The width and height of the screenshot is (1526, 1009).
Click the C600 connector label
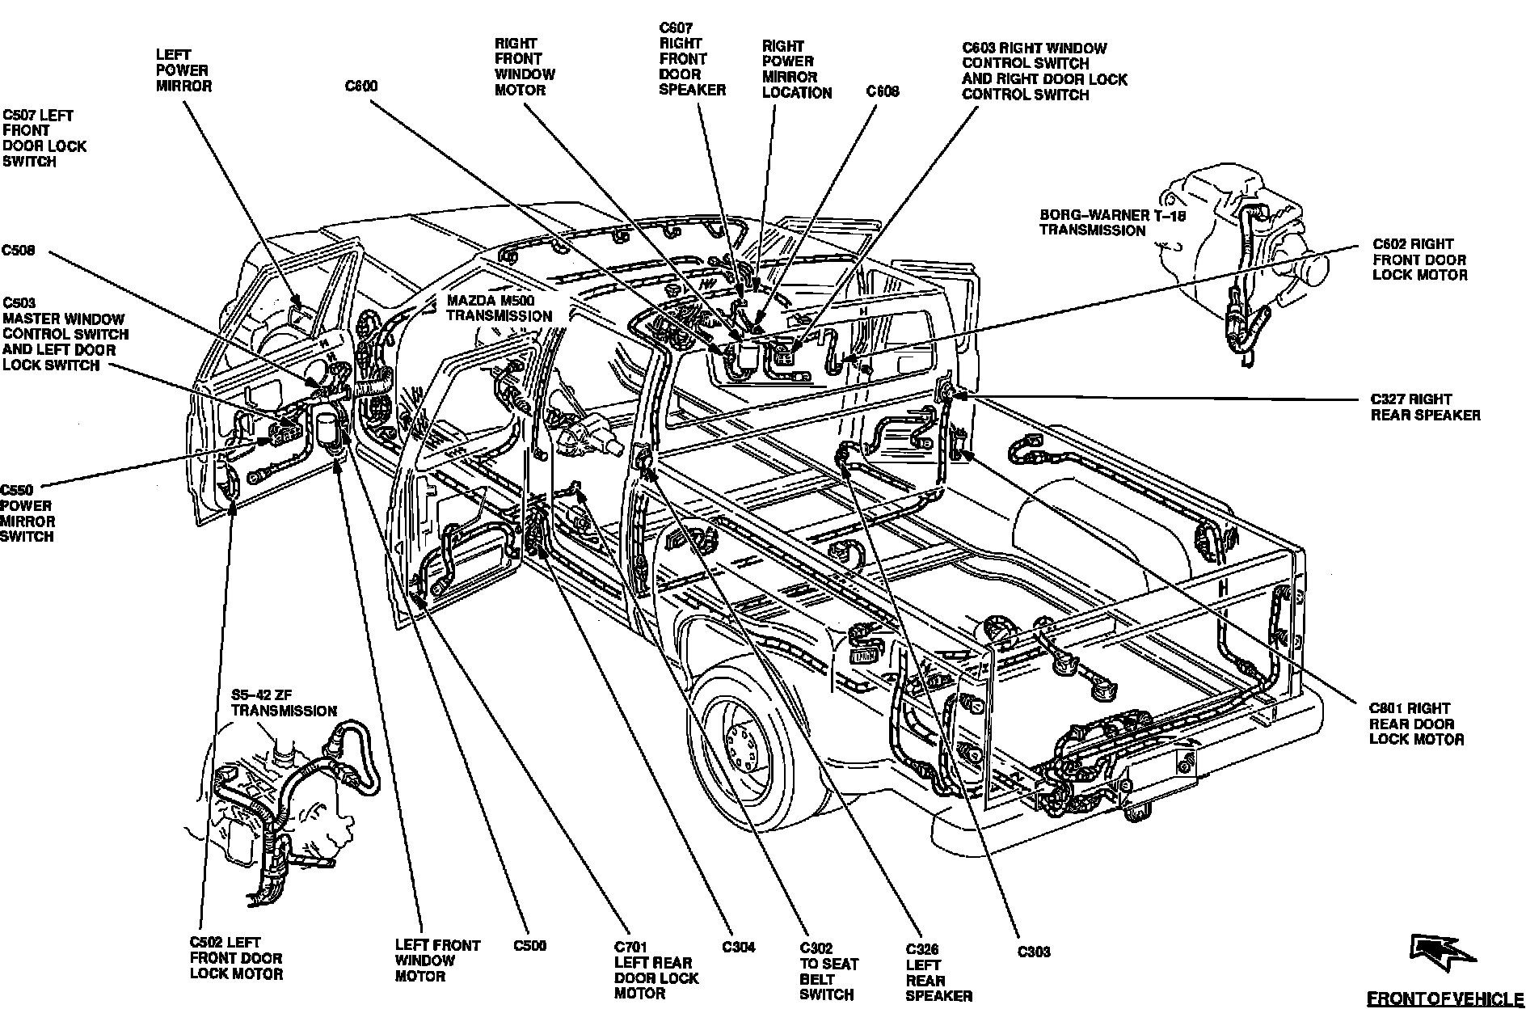click(361, 87)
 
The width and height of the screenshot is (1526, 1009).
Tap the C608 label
click(883, 91)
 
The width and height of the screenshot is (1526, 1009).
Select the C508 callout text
click(19, 251)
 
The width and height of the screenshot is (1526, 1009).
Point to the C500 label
click(529, 945)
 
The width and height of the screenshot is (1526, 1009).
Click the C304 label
click(739, 947)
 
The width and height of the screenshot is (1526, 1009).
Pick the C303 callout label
click(1033, 952)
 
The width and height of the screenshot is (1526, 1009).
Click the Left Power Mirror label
click(183, 70)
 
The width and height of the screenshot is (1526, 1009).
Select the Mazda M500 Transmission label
click(500, 308)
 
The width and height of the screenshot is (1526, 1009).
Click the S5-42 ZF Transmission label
click(284, 703)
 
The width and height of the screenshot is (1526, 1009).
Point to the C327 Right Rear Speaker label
click(1425, 407)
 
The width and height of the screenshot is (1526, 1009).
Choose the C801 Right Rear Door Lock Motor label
click(1416, 724)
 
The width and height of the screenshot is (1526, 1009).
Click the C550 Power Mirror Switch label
click(28, 513)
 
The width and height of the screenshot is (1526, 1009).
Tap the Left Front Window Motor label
click(437, 960)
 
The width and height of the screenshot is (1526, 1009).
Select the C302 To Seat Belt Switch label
click(828, 971)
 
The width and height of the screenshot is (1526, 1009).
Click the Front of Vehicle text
click(1444, 998)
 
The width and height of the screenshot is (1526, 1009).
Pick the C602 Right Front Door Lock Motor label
click(1419, 260)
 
